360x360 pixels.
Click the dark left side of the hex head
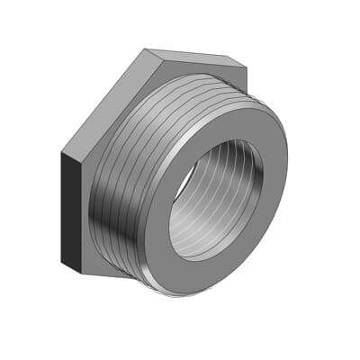pos(71,211)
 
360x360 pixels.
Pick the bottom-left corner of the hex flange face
pos(84,272)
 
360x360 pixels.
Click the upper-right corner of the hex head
pos(247,66)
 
